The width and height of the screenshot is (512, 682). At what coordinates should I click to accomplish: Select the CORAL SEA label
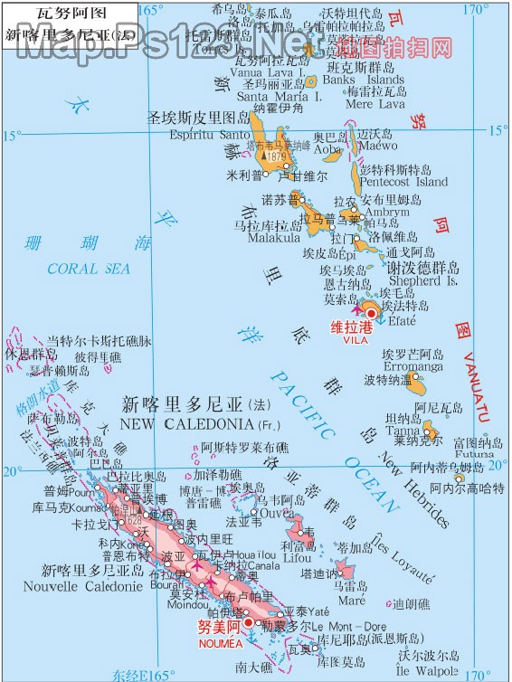pyautogui.click(x=89, y=269)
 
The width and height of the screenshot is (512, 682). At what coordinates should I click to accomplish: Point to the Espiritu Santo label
pyautogui.click(x=209, y=135)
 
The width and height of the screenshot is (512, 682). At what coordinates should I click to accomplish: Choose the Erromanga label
pyautogui.click(x=413, y=367)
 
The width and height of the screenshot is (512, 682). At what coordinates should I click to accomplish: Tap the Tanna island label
pyautogui.click(x=403, y=431)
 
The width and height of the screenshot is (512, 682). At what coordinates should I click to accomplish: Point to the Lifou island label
pyautogui.click(x=297, y=560)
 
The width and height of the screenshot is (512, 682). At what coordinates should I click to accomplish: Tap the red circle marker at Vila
pyautogui.click(x=372, y=313)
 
